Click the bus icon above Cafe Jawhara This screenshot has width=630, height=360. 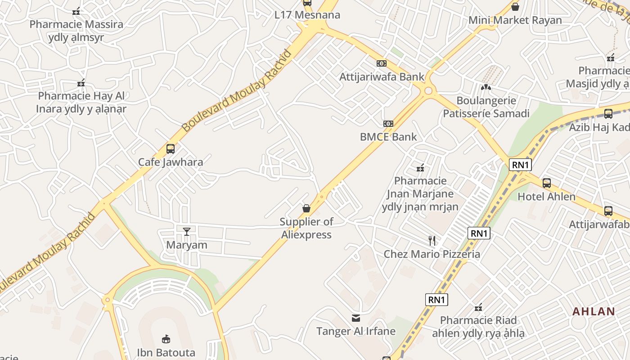170,148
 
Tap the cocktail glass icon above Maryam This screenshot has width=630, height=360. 187,232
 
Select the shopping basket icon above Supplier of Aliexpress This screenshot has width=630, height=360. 306,208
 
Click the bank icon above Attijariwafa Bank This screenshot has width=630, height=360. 382,63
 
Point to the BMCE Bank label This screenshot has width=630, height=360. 388,137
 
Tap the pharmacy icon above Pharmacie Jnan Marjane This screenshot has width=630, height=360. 420,168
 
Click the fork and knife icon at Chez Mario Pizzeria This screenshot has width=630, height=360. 432,241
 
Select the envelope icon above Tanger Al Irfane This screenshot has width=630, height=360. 356,318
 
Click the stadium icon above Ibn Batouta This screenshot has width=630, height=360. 166,339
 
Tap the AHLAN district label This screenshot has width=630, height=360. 594,311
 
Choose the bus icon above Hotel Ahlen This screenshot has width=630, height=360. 547,183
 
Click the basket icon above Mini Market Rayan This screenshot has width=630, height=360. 515,7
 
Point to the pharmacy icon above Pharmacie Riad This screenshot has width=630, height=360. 478,308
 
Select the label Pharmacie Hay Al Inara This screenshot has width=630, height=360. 81,102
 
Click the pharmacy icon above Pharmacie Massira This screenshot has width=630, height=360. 76,11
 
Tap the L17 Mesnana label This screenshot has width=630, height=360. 307,15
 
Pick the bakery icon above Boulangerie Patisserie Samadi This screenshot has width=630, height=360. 486,87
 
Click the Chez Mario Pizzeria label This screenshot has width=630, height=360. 432,254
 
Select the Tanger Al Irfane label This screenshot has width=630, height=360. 356,332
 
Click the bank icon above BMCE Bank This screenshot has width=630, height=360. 388,124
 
